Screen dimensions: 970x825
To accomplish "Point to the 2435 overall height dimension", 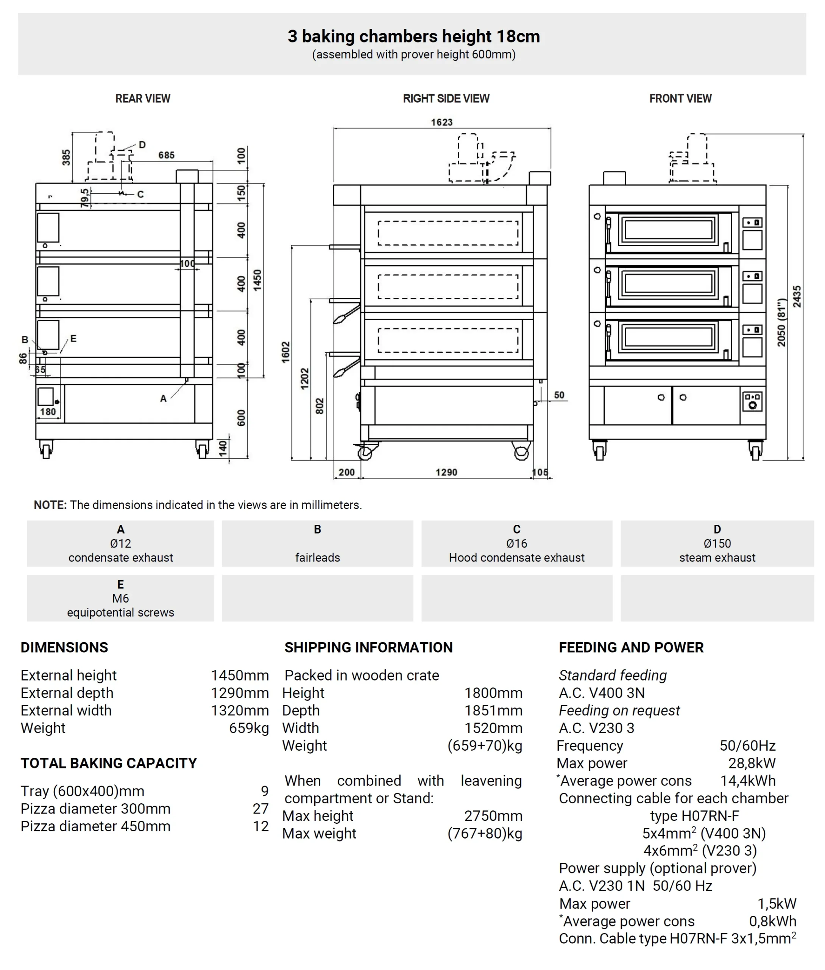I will [x=797, y=296].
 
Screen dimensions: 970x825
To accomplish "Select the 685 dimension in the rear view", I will [x=166, y=155].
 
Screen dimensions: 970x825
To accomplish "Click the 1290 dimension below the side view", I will [x=446, y=472].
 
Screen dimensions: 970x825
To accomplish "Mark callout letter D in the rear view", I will [x=142, y=145].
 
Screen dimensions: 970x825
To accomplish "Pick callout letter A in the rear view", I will [x=163, y=398].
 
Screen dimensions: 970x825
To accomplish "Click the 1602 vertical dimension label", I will [x=286, y=352].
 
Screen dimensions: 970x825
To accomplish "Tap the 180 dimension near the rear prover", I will [x=48, y=412].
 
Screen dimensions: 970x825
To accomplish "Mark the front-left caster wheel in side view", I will [x=365, y=452].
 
